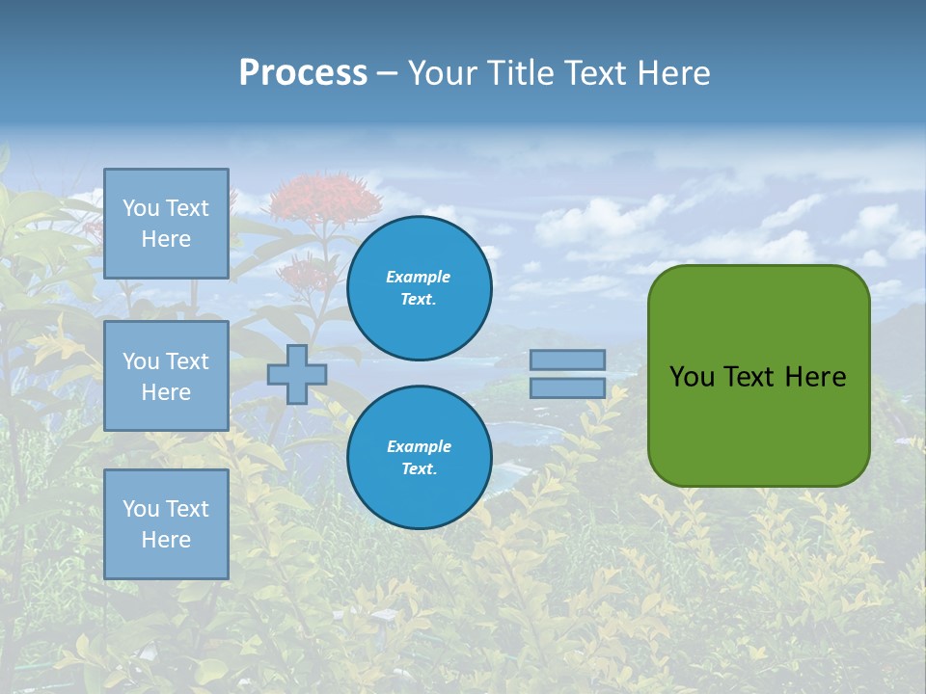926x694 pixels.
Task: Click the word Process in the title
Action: click(303, 73)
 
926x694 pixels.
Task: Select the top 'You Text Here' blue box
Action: click(166, 224)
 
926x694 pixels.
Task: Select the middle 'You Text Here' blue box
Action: click(166, 376)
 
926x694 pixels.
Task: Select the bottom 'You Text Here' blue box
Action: click(166, 524)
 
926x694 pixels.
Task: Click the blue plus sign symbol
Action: click(296, 374)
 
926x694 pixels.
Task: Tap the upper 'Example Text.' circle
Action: click(419, 288)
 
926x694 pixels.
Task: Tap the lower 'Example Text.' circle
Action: click(419, 458)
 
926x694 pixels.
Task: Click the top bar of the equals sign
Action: click(567, 360)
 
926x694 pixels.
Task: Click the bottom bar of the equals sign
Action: click(567, 387)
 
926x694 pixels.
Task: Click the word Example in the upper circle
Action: click(419, 277)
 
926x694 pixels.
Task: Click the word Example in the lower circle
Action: click(419, 446)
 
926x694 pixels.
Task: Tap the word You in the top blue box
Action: click(141, 208)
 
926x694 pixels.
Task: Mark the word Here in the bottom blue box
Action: click(166, 540)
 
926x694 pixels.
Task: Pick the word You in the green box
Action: click(691, 377)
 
